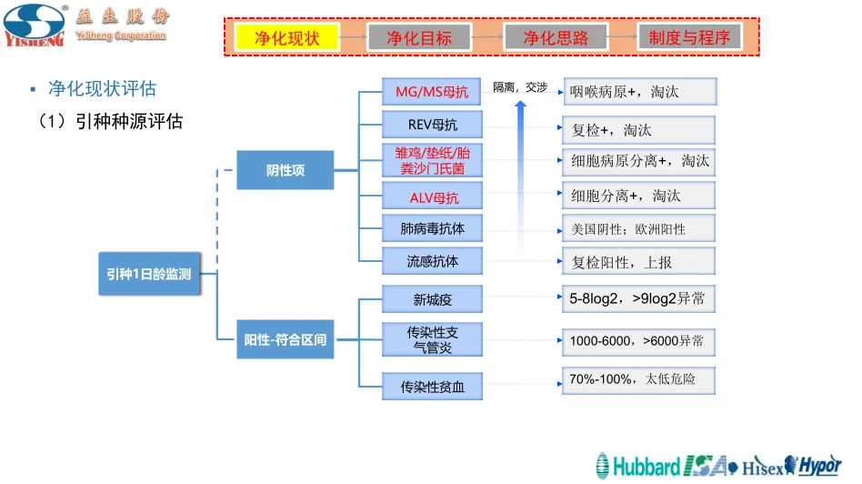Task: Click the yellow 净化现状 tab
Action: tap(287, 37)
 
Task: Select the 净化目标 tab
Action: tap(419, 37)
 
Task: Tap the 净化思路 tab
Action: tap(556, 37)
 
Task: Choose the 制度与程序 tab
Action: tap(689, 37)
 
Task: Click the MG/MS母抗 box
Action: tap(432, 92)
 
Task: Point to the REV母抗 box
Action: tap(432, 126)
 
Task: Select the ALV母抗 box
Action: tap(432, 197)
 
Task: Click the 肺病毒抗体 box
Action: tap(432, 228)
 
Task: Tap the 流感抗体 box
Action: tap(432, 261)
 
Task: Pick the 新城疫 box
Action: tap(432, 299)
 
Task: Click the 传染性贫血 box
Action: tap(432, 387)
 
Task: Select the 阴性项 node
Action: tap(286, 170)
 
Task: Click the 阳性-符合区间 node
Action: tap(286, 340)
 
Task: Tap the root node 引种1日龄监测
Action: tap(148, 274)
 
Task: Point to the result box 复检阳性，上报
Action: tap(638, 262)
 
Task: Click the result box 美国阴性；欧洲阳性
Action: tap(638, 229)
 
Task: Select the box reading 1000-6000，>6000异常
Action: tap(638, 341)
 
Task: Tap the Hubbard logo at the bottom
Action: tap(637, 467)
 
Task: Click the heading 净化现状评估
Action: tap(102, 88)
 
